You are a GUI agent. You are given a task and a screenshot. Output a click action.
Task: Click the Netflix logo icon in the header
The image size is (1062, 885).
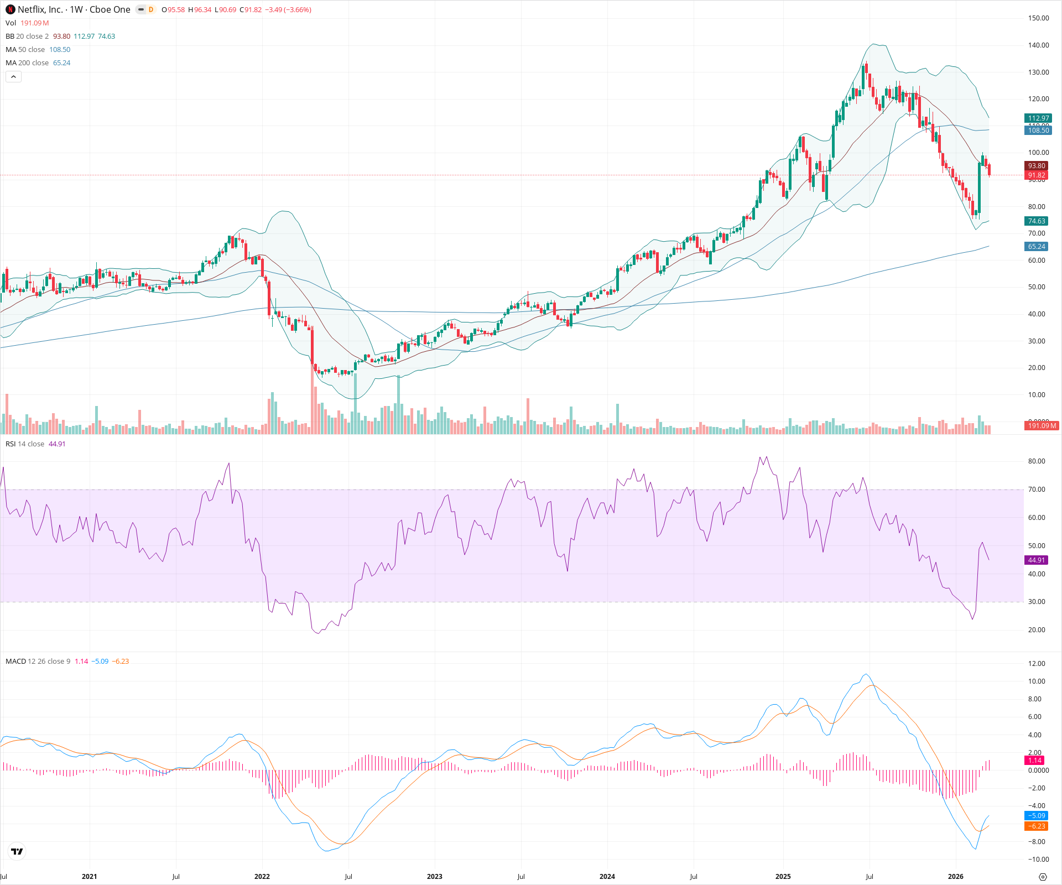click(x=11, y=9)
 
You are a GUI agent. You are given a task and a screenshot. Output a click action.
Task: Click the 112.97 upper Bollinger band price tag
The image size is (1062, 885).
click(x=1038, y=118)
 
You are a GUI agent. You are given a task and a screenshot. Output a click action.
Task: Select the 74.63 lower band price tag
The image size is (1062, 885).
click(x=1037, y=221)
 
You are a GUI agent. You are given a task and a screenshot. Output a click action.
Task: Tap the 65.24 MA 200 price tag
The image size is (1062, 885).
click(x=1037, y=247)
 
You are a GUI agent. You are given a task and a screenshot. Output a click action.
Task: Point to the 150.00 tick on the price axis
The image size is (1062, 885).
click(x=1038, y=18)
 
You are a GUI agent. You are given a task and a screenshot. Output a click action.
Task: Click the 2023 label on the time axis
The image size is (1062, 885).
click(x=434, y=876)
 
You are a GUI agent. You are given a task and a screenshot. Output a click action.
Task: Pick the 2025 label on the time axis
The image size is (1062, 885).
click(x=783, y=876)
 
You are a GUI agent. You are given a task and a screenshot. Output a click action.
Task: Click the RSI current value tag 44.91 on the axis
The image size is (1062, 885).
click(x=1037, y=560)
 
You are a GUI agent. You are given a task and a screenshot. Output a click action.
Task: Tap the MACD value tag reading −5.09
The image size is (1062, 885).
click(x=1037, y=815)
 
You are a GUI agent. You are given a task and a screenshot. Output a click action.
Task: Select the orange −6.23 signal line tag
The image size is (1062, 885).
click(x=1037, y=826)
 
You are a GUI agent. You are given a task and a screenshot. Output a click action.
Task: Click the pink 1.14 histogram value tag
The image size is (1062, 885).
click(x=1035, y=760)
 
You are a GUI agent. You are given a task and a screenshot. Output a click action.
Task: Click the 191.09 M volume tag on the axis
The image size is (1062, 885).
click(x=1042, y=425)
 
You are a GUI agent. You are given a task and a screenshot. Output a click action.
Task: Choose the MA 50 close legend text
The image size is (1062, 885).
click(x=25, y=50)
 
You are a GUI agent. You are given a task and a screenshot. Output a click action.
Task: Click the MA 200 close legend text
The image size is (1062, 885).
click(x=27, y=63)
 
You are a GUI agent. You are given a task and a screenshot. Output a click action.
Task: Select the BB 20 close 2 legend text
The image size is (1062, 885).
click(x=27, y=37)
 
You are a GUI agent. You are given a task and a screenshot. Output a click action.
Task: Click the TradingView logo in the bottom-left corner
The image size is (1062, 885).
click(x=17, y=851)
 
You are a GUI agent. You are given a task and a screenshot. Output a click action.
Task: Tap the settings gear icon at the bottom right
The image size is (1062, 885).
click(x=1043, y=877)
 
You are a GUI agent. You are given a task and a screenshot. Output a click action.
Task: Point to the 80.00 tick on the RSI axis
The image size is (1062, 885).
click(x=1037, y=461)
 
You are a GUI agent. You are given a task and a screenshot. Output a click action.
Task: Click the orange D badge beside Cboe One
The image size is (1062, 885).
click(x=151, y=9)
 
